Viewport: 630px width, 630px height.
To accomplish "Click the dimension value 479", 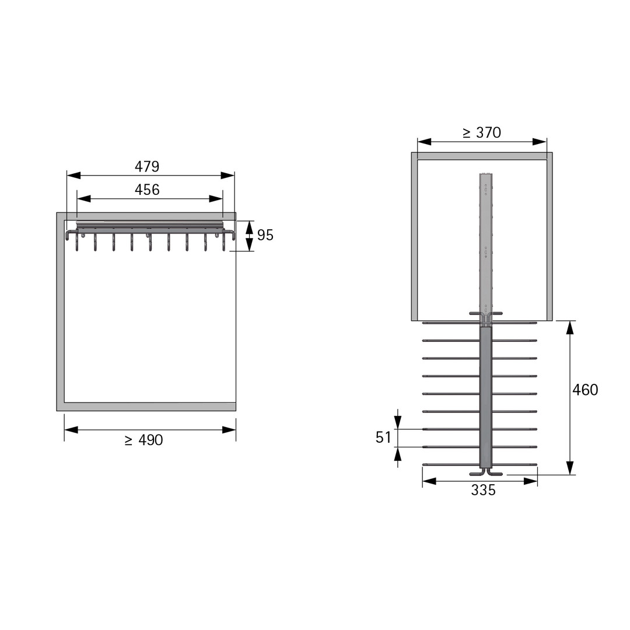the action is (147, 166).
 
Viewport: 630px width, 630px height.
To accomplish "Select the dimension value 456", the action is (147, 190).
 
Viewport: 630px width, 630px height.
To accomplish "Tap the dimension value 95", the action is (265, 235).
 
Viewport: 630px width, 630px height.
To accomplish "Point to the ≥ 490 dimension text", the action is (144, 440).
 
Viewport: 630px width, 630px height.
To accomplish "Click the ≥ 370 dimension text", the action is (482, 132).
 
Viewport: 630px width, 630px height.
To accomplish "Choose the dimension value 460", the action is (585, 390).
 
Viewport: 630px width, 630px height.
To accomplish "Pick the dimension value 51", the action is (383, 437).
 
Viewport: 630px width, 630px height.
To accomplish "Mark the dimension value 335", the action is (484, 490).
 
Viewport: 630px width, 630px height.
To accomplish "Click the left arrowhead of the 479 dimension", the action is (73, 176).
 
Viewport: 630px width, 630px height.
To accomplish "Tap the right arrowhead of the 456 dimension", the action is (216, 199).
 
